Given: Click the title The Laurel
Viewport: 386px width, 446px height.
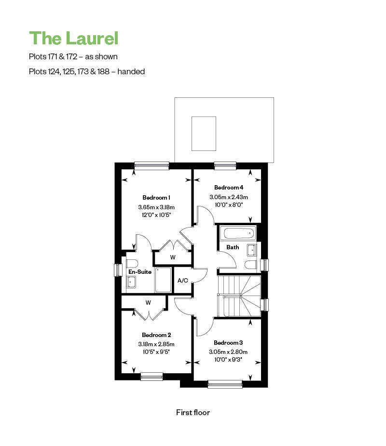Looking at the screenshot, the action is (73, 38).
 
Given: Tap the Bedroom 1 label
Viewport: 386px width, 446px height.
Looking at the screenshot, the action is (156, 197).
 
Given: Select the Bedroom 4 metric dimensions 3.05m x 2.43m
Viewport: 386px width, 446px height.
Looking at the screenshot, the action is (229, 197).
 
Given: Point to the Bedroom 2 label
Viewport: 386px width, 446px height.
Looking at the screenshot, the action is (156, 335).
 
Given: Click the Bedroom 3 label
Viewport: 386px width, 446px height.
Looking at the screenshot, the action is (228, 343).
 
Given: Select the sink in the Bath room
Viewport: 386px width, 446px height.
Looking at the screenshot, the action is (252, 250).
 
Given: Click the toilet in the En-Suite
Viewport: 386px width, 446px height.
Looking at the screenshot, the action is (132, 263).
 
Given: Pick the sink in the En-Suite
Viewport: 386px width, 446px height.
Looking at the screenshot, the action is (131, 282).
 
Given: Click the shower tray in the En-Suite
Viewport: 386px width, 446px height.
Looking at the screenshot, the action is (163, 280).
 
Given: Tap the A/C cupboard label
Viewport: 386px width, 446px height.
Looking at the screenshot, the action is (183, 281).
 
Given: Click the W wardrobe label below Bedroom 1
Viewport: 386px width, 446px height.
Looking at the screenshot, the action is (173, 257).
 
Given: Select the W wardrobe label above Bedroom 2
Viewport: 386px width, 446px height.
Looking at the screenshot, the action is (148, 303).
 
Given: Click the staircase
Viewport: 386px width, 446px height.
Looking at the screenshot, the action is (239, 296).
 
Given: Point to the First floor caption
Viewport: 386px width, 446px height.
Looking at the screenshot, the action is (193, 412).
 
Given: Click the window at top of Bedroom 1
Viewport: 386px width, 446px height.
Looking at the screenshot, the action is (152, 166).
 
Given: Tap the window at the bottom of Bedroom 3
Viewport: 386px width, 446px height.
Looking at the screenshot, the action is (225, 384).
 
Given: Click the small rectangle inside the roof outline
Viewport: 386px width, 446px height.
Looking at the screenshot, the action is (204, 134).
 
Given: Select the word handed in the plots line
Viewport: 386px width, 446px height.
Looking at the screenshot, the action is (131, 71).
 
